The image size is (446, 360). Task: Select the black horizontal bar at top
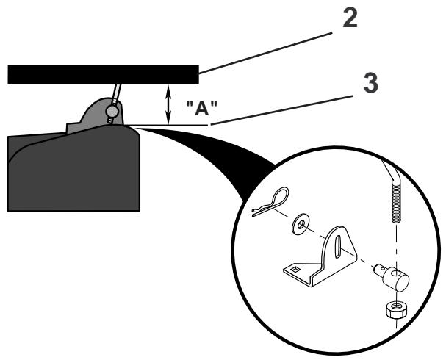pyautogui.click(x=103, y=73)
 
